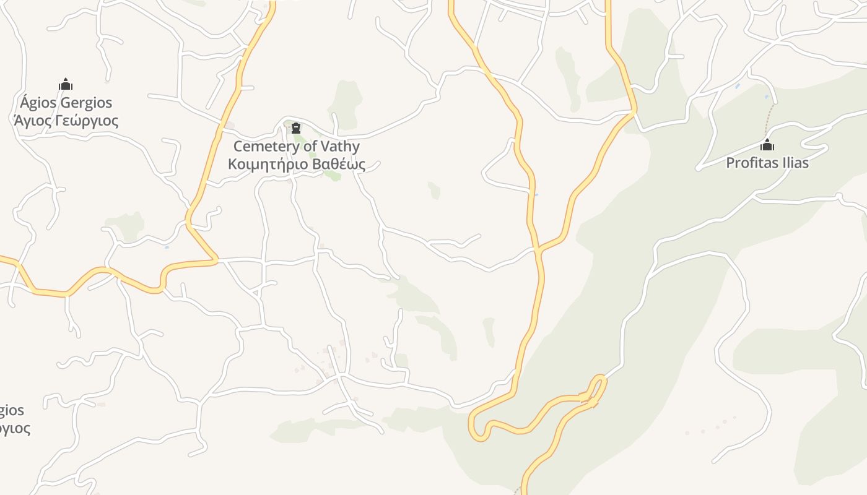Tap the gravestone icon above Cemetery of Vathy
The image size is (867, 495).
pos(296,128)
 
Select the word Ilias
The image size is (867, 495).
pos(795,163)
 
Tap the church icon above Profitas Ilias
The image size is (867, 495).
pos(767,146)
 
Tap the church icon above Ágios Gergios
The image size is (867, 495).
pos(66,85)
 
